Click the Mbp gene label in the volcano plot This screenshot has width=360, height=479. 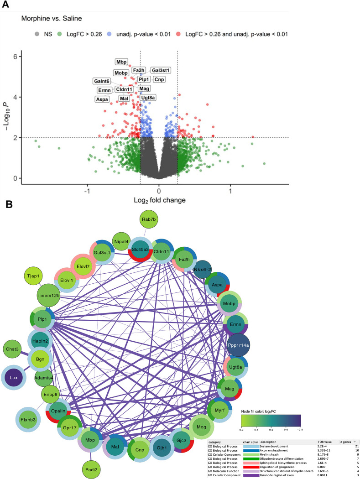(x=121, y=62)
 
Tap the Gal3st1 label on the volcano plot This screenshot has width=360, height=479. (x=161, y=70)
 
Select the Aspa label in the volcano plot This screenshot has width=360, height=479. (x=102, y=99)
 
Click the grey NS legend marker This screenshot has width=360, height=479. (x=37, y=33)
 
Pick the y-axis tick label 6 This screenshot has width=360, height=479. (x=15, y=57)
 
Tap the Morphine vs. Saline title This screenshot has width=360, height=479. (x=50, y=19)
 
